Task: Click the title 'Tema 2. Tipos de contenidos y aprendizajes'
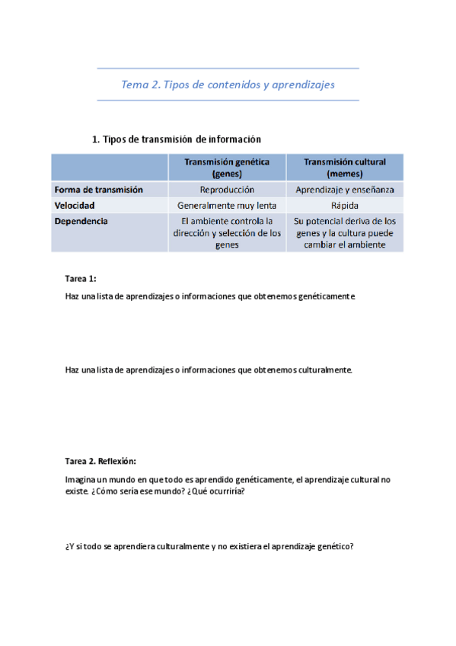pos(228,85)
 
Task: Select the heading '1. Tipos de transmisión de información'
pos(176,139)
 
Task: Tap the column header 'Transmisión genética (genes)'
pos(227,167)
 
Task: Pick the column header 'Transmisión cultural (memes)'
pos(345,167)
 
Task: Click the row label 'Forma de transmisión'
pos(99,190)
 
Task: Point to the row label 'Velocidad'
pos(75,206)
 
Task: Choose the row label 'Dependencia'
pos(81,222)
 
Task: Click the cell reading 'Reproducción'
pos(227,190)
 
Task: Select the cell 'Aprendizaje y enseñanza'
pos(345,190)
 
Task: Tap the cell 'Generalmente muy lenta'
pos(227,206)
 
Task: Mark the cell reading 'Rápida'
pos(345,206)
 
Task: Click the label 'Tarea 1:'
pos(81,279)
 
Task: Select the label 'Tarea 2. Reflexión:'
pos(100,461)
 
